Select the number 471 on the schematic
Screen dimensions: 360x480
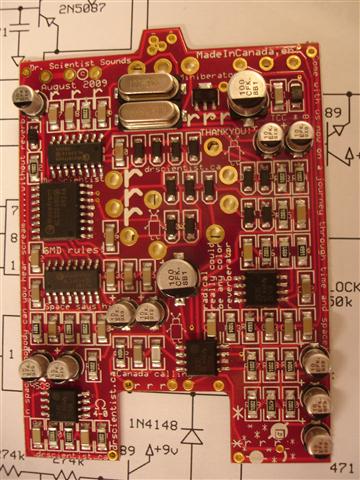(x=344, y=466)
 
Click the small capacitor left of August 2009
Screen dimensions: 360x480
(x=27, y=99)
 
